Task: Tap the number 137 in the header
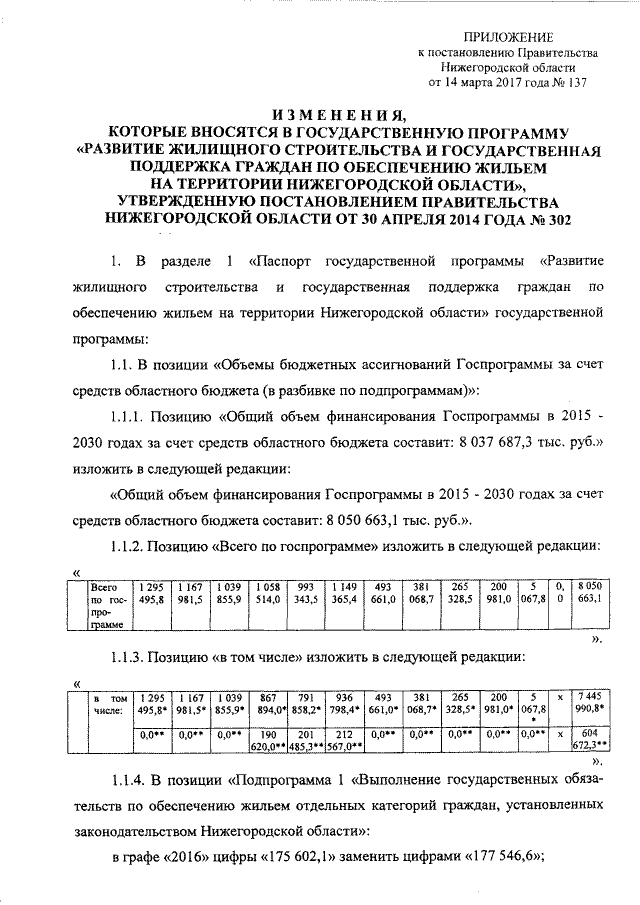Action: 572,83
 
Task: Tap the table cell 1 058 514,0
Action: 268,592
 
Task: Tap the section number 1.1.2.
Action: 126,546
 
